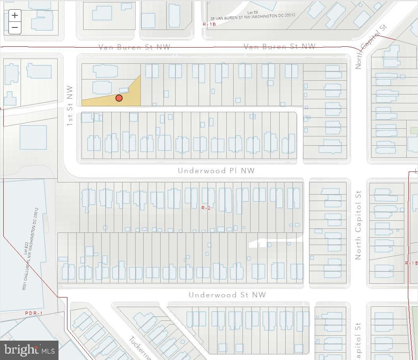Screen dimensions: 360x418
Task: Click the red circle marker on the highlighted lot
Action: click(119, 98)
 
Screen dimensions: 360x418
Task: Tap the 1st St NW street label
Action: click(70, 106)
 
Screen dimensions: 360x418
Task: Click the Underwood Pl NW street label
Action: click(216, 171)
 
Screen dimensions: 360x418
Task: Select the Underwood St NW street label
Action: click(227, 295)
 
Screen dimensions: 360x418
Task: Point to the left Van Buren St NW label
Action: click(135, 47)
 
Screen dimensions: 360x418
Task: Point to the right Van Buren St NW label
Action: click(280, 47)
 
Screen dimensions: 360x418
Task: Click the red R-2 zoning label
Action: click(206, 208)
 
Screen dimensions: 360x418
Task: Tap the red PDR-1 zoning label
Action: click(33, 313)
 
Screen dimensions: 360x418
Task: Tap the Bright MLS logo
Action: click(29, 350)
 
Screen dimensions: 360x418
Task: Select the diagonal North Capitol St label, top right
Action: click(371, 47)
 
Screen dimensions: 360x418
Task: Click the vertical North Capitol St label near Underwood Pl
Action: click(358, 226)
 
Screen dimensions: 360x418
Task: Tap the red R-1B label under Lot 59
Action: click(209, 24)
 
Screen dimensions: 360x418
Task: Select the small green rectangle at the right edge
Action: click(414, 130)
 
